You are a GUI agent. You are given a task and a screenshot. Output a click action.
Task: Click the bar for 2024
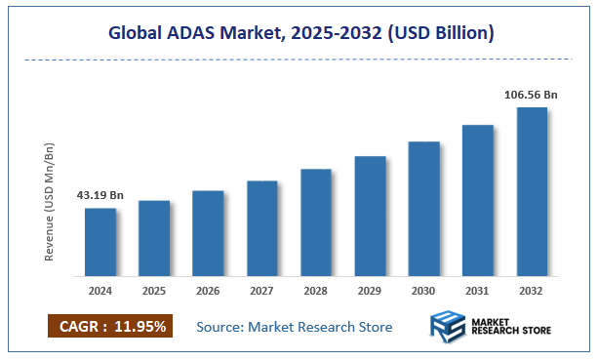(100, 242)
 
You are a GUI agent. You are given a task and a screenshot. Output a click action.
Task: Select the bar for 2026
(208, 233)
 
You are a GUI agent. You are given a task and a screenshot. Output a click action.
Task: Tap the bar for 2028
(316, 222)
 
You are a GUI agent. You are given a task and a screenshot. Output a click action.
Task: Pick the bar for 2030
(423, 209)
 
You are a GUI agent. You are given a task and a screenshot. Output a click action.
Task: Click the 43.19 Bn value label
(100, 195)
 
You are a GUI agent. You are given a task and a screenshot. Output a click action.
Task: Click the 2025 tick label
(154, 290)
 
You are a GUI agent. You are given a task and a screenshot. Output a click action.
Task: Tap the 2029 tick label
(370, 290)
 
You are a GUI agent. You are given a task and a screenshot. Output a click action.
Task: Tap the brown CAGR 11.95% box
(109, 327)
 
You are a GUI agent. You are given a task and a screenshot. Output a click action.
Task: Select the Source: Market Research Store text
(294, 327)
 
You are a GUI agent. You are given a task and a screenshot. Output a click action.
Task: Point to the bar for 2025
(154, 238)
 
